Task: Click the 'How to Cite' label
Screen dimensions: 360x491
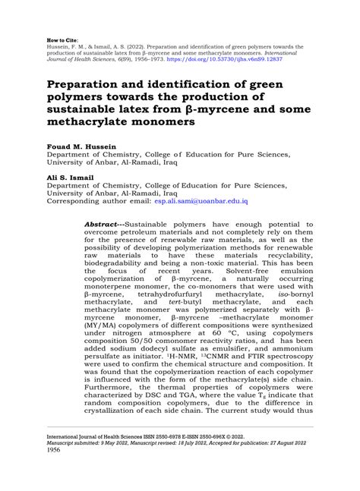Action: coord(62,35)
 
